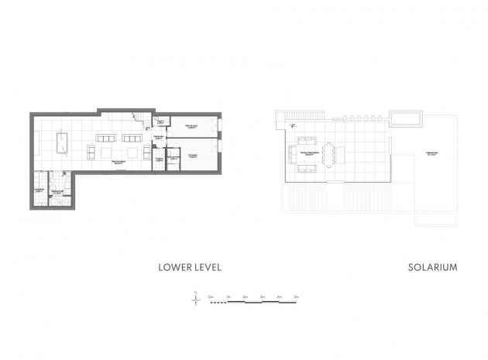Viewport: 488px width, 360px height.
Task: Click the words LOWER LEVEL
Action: (190, 267)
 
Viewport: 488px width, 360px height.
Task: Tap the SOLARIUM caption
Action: (432, 267)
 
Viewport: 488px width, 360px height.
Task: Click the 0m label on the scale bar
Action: (210, 296)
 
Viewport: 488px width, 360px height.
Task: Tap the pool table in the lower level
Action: (64, 143)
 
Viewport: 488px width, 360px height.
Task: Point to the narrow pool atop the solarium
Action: (406, 118)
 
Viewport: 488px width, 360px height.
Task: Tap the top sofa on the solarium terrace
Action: (304, 140)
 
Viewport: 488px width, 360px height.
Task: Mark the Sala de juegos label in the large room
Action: (118, 163)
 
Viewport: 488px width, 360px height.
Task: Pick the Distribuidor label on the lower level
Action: (158, 137)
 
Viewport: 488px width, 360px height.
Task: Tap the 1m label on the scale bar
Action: (228, 296)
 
